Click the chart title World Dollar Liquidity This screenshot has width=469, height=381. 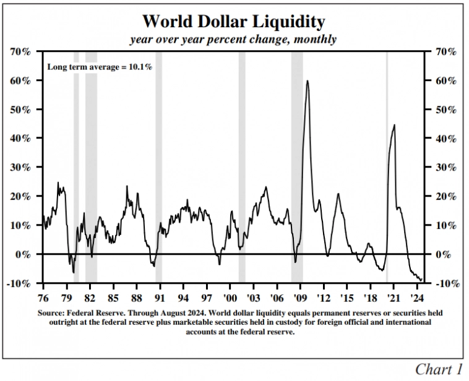233,22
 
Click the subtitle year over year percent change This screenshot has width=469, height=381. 233,39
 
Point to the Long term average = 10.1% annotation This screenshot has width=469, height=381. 100,66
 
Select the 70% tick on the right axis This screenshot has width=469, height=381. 445,51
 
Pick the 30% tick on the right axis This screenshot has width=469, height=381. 445,167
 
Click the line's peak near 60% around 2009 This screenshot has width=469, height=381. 307,81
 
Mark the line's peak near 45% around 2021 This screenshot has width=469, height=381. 394,126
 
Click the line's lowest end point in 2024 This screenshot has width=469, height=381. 421,280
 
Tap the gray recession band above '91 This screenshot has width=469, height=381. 158,167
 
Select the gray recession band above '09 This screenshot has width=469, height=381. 297,167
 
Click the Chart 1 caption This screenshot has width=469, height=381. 439,369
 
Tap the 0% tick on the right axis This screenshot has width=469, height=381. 443,254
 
